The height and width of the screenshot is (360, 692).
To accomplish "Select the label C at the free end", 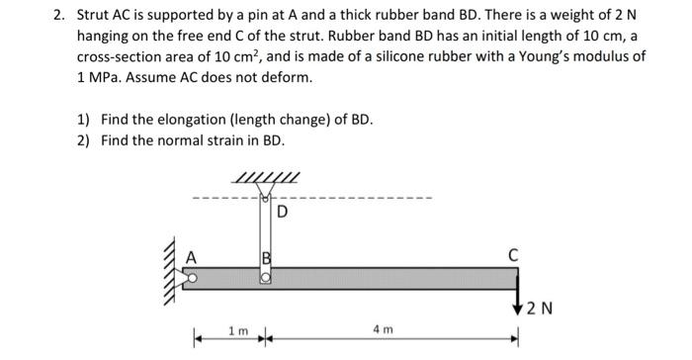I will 513,254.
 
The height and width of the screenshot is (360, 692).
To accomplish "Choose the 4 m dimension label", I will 384,328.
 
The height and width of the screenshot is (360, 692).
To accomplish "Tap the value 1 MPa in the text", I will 103,75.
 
